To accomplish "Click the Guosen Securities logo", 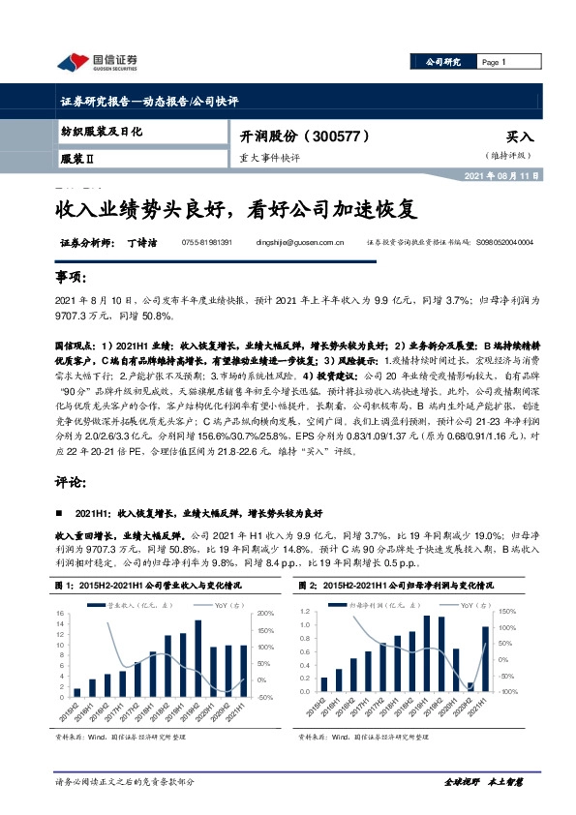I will [97, 63].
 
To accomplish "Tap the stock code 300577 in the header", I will [340, 137].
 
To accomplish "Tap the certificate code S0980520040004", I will [518, 242].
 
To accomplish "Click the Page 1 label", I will [494, 62].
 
